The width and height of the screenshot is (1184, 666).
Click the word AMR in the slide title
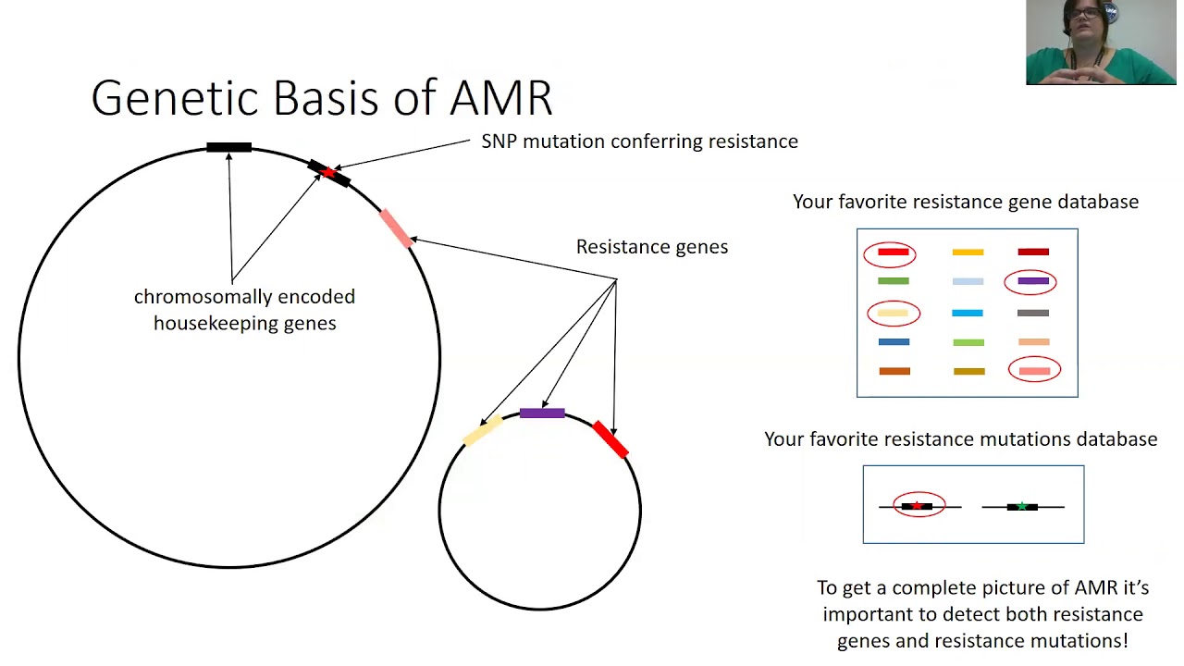tap(500, 98)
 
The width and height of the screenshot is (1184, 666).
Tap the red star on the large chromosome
tap(328, 172)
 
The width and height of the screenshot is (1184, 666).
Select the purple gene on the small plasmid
tap(542, 413)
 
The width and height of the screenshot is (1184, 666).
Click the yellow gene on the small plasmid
tap(483, 430)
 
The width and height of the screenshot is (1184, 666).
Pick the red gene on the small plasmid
tap(610, 439)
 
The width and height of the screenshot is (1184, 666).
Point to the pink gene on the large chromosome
tap(396, 228)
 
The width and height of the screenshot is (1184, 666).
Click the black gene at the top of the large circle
tap(228, 147)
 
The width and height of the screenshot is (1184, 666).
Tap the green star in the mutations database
tap(1022, 506)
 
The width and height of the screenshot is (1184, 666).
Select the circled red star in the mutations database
tap(918, 506)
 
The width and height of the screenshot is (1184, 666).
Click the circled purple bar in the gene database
tap(1033, 281)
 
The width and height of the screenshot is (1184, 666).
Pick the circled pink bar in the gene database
tap(1034, 371)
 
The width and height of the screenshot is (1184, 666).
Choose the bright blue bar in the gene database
tap(968, 313)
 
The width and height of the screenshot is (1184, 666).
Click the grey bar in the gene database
tap(1033, 313)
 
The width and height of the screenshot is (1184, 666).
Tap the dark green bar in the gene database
tap(894, 281)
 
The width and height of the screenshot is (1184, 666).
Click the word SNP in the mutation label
tap(499, 142)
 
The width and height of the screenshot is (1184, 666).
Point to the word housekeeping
tap(245, 324)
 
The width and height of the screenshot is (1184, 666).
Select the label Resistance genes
tap(652, 247)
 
